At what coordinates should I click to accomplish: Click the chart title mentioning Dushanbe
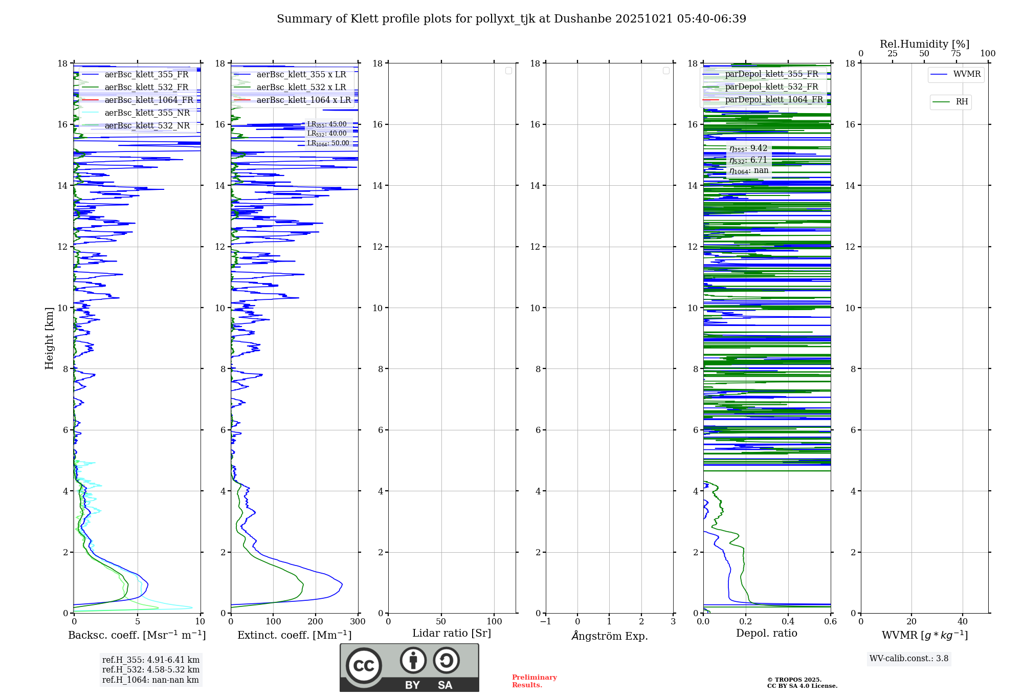[x=511, y=19]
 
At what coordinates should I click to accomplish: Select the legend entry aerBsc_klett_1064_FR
[x=149, y=100]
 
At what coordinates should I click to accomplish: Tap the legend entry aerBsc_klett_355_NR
[x=147, y=113]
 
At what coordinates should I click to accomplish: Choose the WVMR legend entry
[x=966, y=74]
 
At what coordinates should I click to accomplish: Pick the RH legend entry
[x=961, y=102]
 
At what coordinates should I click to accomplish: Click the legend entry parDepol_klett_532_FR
[x=771, y=87]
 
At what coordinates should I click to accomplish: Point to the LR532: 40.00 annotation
[x=327, y=134]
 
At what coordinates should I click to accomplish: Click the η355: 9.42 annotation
[x=748, y=149]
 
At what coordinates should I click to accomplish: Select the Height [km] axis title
[x=49, y=338]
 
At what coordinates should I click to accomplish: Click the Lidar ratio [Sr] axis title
[x=452, y=634]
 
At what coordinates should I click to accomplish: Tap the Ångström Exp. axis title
[x=609, y=636]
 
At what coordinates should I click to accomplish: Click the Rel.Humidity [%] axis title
[x=924, y=44]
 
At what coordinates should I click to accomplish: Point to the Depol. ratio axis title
[x=766, y=634]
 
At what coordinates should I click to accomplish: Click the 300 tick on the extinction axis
[x=358, y=622]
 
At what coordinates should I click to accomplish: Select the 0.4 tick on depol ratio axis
[x=788, y=622]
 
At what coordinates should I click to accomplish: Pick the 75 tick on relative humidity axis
[x=956, y=54]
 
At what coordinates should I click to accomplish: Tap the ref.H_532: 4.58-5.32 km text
[x=151, y=670]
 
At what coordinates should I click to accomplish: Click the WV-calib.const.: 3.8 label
[x=909, y=659]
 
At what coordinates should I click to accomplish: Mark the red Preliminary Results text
[x=534, y=681]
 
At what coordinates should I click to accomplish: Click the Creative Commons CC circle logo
[x=364, y=665]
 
